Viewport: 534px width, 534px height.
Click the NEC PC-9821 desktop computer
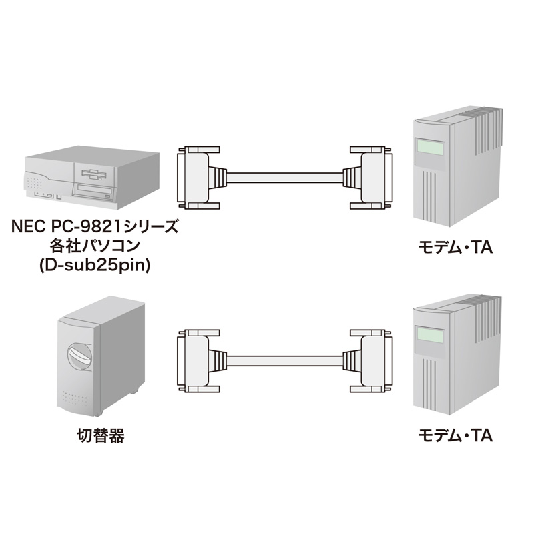coord(92,176)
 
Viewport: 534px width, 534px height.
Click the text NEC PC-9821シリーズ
coord(94,228)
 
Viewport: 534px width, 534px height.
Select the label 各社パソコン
coord(94,246)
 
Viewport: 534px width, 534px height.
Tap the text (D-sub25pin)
coord(94,265)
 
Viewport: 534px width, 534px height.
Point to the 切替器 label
coord(100,437)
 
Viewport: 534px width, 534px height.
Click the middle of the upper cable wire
coord(280,177)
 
